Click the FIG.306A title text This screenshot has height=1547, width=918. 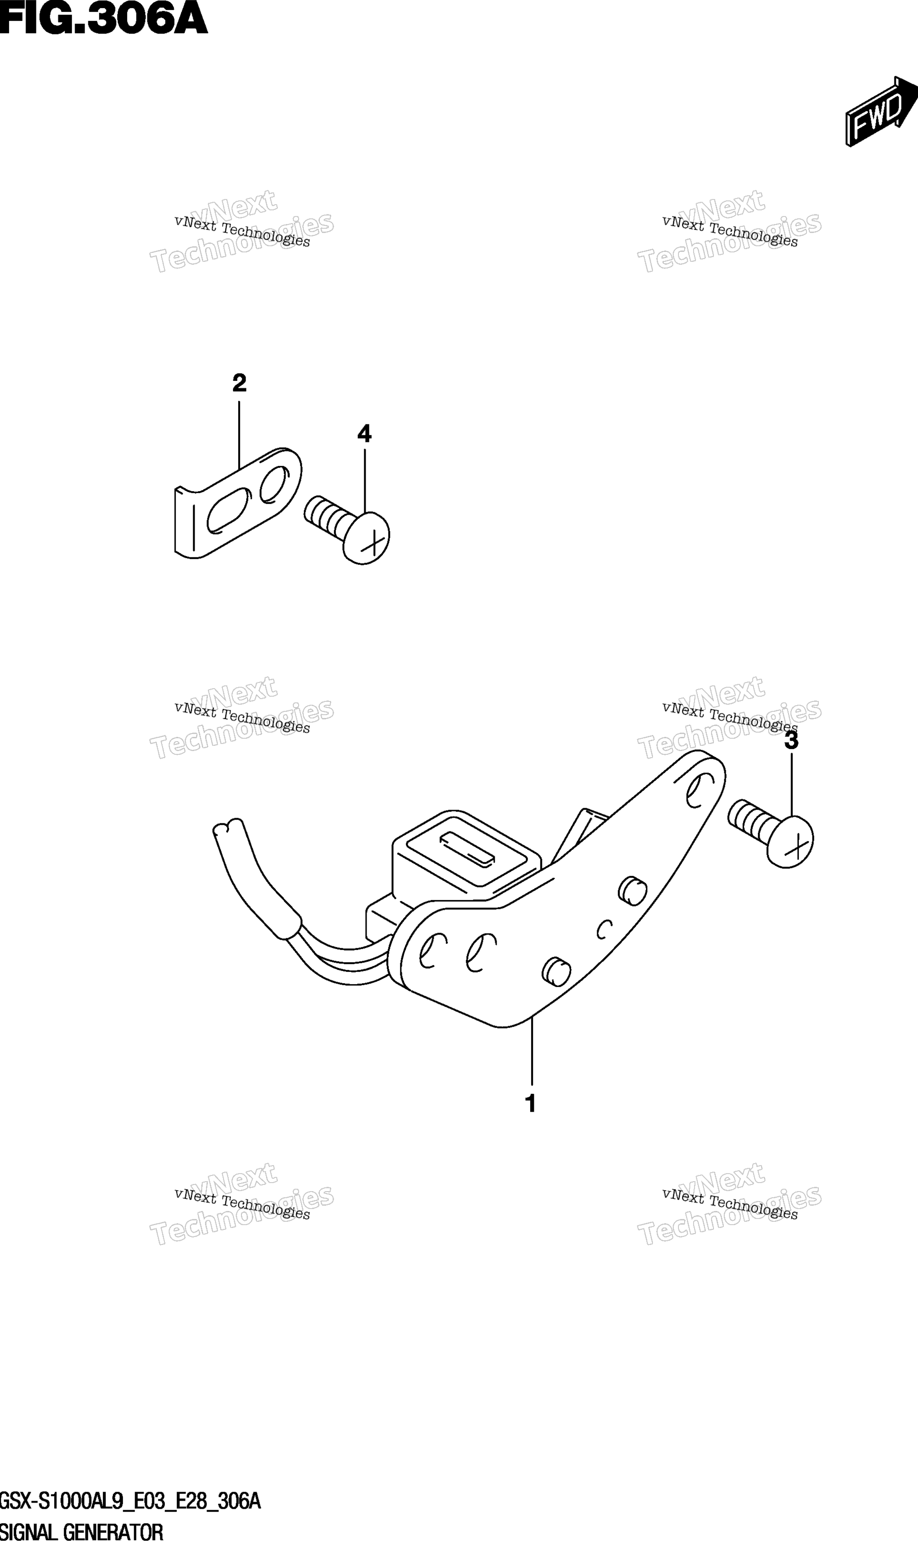point(103,18)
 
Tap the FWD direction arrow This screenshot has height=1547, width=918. point(881,112)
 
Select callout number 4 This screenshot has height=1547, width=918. point(364,434)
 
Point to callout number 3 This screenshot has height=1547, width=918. point(791,741)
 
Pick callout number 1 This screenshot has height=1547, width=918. point(530,1104)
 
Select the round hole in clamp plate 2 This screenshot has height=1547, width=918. point(274,484)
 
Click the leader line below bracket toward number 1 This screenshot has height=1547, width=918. point(532,1050)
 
